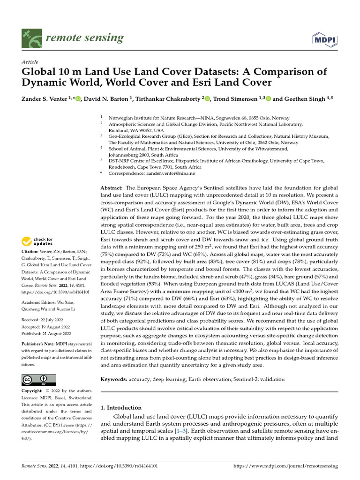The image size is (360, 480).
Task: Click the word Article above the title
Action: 30,62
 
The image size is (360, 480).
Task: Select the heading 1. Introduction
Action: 121,407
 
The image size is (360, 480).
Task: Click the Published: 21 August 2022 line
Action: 46,333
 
